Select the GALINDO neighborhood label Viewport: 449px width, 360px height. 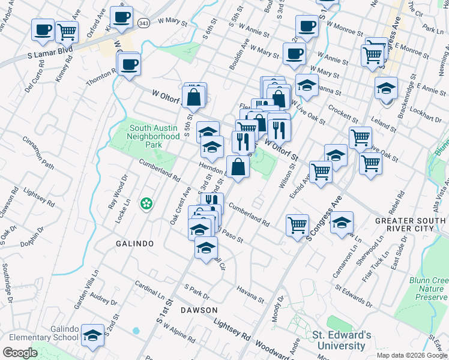coord(134,244)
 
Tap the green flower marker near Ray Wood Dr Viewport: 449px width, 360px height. coord(145,205)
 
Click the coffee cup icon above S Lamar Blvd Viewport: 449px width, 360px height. coord(43,29)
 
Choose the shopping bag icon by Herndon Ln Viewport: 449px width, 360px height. coord(238,167)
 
